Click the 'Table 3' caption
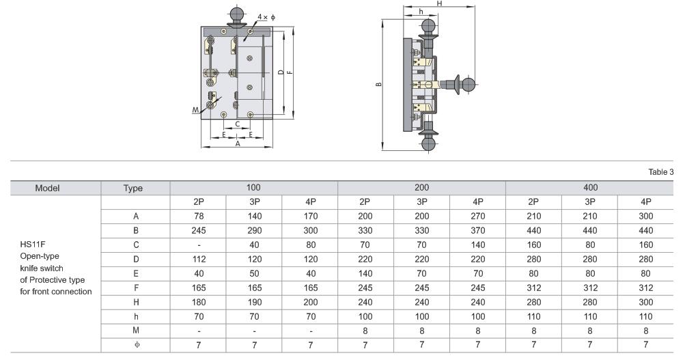(x=660, y=172)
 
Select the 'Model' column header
(x=47, y=189)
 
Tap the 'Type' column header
(x=132, y=189)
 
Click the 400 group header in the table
(x=590, y=187)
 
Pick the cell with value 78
(x=199, y=217)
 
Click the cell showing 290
(x=254, y=231)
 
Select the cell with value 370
(x=478, y=231)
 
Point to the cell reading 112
(x=199, y=259)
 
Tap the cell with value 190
(x=254, y=303)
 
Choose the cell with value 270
(x=478, y=217)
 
